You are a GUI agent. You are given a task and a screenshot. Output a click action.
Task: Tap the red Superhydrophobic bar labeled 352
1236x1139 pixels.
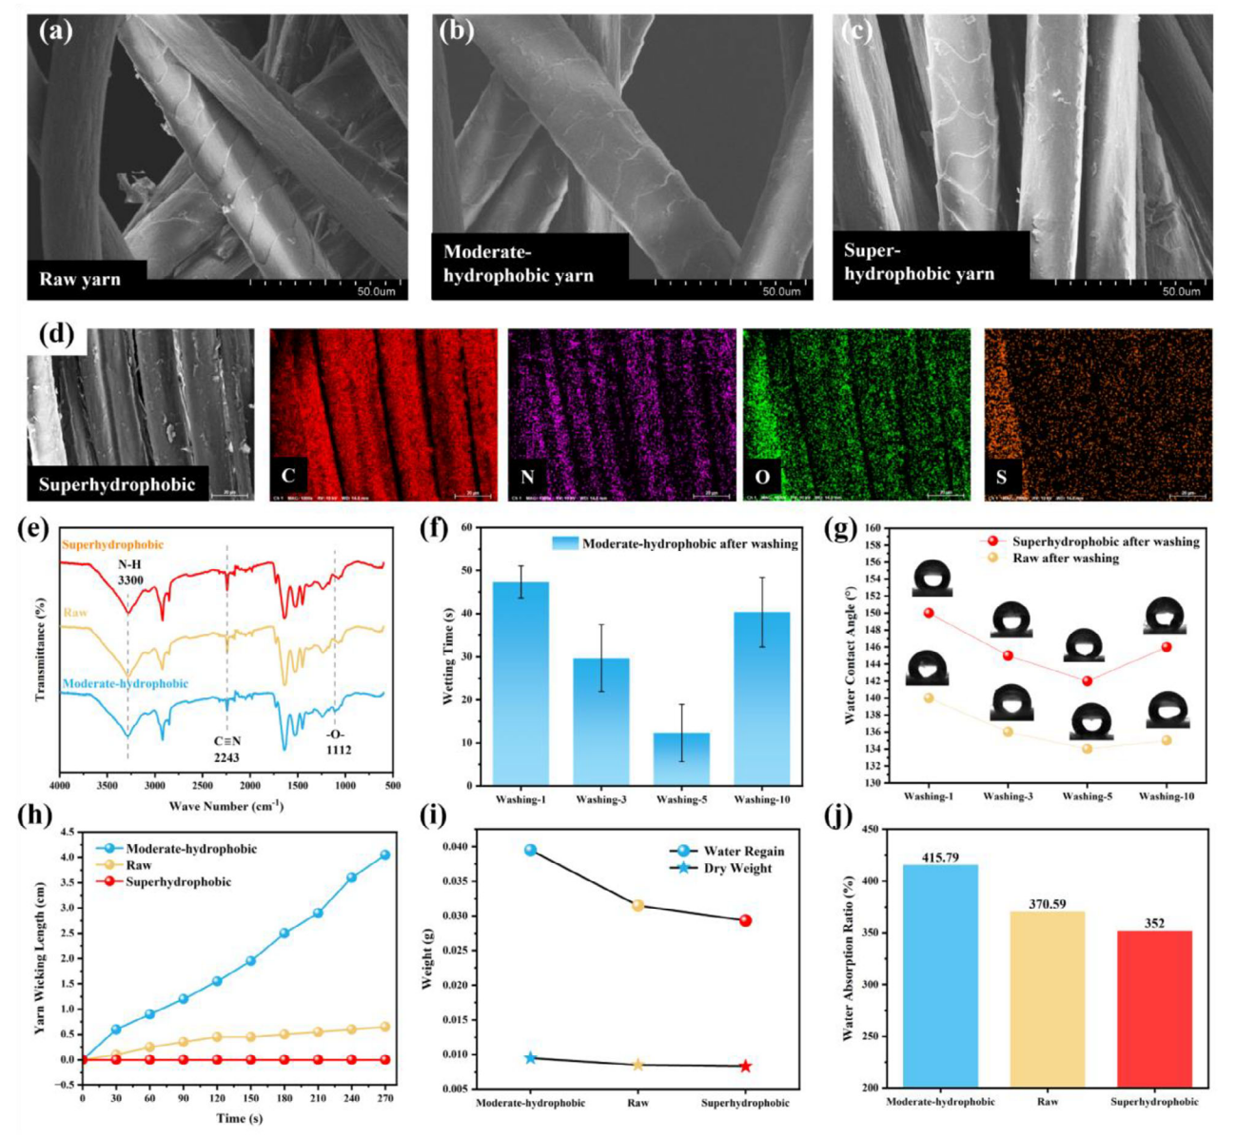tap(1154, 1008)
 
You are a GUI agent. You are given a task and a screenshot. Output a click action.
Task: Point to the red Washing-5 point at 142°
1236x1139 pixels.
tap(1087, 680)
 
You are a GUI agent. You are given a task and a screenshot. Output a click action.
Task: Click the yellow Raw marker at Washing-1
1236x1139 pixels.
tap(928, 697)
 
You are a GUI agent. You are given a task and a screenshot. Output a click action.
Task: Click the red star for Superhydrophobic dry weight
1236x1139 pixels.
tap(745, 1067)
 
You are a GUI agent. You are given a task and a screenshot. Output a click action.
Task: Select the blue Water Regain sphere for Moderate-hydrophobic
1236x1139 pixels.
tap(530, 850)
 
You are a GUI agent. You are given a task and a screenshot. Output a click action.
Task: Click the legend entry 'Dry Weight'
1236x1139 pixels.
tap(737, 868)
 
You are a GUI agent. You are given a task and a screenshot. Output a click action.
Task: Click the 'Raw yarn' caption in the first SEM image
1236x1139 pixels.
tap(80, 280)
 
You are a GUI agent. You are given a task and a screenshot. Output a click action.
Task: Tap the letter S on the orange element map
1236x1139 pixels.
tap(1001, 477)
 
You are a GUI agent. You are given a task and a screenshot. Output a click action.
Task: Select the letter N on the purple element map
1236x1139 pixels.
tap(525, 477)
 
